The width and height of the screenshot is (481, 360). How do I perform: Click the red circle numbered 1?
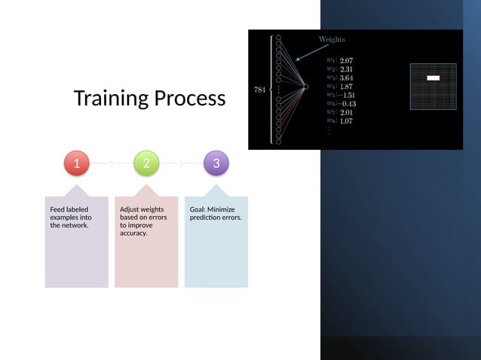pyautogui.click(x=75, y=163)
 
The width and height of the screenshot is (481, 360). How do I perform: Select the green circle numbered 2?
pyautogui.click(x=146, y=163)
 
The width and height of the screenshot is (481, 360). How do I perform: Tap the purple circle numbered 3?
pyautogui.click(x=216, y=163)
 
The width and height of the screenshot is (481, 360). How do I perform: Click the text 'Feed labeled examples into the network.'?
pyautogui.click(x=70, y=217)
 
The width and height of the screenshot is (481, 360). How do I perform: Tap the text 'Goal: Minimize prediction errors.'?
pyautogui.click(x=213, y=213)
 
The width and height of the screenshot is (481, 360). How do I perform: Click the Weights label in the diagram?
pyautogui.click(x=332, y=39)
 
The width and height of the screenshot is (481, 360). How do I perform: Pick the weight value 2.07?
pyautogui.click(x=347, y=60)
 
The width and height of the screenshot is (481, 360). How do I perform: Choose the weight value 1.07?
pyautogui.click(x=347, y=121)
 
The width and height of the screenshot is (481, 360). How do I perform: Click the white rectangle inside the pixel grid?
pyautogui.click(x=433, y=78)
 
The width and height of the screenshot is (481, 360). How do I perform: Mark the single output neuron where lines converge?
pyautogui.click(x=305, y=88)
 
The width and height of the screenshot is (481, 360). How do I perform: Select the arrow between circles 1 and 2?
pyautogui.click(x=111, y=163)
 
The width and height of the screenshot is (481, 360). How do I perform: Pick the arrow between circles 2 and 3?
pyautogui.click(x=181, y=163)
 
